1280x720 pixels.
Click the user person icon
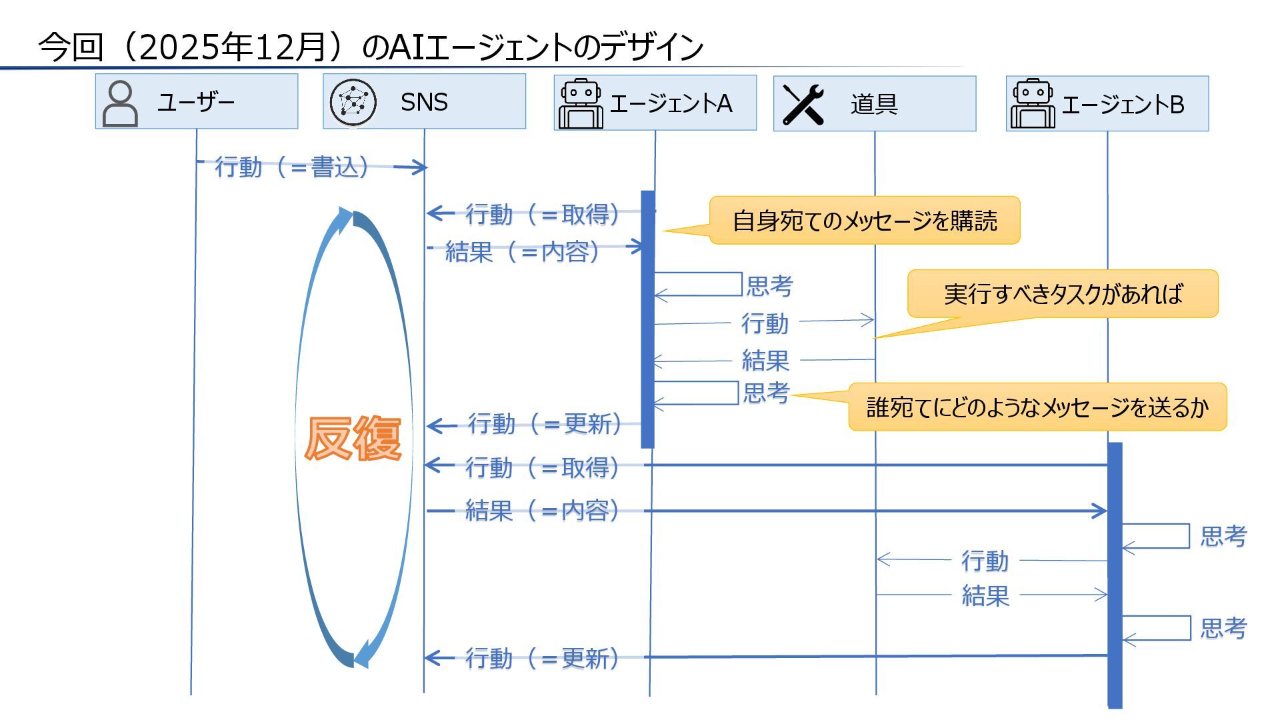pos(121,103)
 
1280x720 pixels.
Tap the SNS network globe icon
pos(353,102)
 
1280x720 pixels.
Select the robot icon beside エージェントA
pos(580,103)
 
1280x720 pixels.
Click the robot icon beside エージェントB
pos(1033,104)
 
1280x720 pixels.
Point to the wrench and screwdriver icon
pos(803,104)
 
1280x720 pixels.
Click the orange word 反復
pos(353,438)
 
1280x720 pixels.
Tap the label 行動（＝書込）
pos(292,167)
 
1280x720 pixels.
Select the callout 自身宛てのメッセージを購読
pos(864,221)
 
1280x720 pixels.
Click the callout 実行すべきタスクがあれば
pos(1063,294)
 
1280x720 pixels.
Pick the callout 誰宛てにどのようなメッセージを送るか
pos(1037,407)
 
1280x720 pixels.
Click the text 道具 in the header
pos(874,104)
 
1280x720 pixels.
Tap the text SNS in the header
pos(424,102)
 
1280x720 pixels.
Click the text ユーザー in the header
pos(196,102)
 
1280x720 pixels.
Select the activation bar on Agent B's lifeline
pos(1115,573)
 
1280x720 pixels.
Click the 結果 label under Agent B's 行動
pos(985,595)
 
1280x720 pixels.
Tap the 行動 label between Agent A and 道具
pos(765,323)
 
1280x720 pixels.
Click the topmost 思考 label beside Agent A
pos(769,286)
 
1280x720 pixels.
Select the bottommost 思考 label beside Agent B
pos(1223,628)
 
